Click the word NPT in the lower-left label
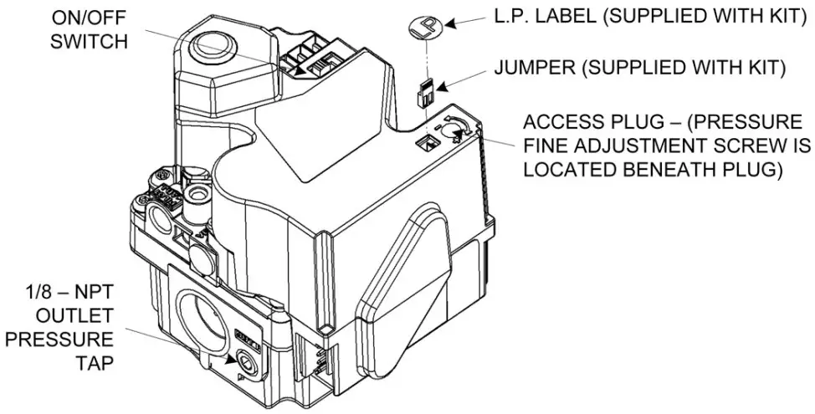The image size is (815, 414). click(x=94, y=295)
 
